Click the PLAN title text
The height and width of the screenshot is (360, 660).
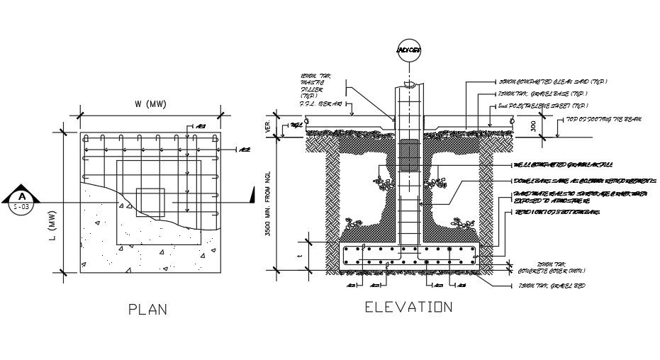tap(148, 309)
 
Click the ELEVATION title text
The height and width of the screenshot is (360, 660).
tap(408, 307)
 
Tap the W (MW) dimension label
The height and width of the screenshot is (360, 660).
tap(150, 105)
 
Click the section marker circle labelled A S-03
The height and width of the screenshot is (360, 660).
tap(22, 201)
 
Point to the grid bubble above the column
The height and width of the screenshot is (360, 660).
tap(409, 50)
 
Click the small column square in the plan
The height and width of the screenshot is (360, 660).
tap(151, 202)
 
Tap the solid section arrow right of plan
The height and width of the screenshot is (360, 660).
tap(251, 195)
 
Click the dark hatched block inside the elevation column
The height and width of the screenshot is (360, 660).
tap(409, 156)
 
